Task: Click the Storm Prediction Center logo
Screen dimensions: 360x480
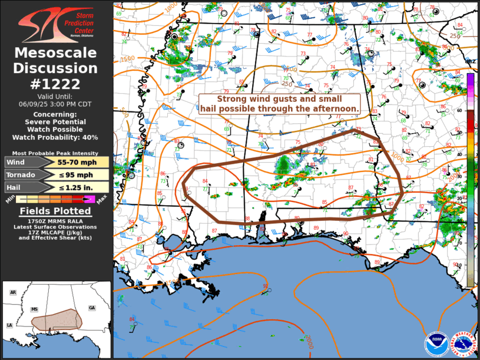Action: tap(55, 25)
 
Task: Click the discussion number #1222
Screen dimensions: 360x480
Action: tap(55, 83)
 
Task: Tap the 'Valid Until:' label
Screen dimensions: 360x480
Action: tap(55, 96)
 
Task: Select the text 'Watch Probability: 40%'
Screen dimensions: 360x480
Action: tap(55, 137)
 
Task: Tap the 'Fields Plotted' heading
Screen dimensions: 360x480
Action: tap(55, 211)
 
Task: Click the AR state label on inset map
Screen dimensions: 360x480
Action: tap(13, 292)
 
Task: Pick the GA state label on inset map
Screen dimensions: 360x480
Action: tap(91, 308)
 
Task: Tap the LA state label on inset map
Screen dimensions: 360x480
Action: tap(9, 325)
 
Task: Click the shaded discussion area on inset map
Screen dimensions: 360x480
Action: tap(56, 319)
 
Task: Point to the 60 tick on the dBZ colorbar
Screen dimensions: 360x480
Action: tap(475, 110)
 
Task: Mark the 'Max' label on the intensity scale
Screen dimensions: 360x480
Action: tap(101, 202)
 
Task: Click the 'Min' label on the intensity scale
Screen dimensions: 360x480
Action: tap(9, 202)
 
